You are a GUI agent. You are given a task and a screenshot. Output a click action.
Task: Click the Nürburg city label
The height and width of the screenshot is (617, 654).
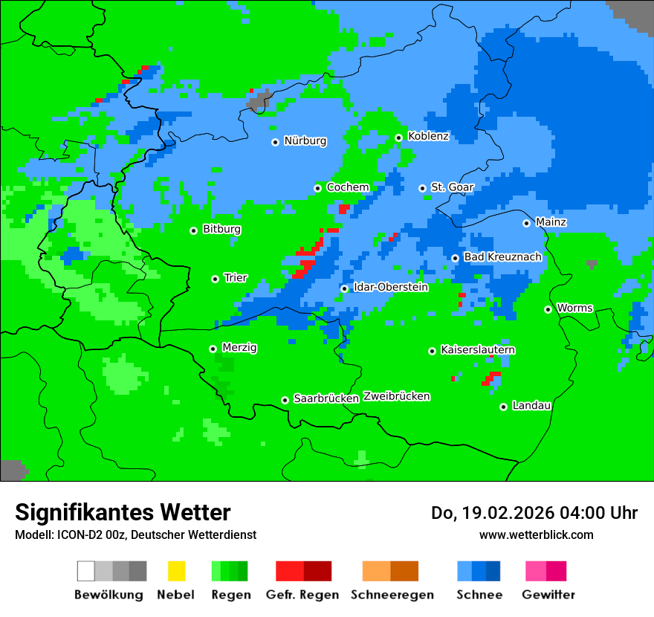[x=305, y=140]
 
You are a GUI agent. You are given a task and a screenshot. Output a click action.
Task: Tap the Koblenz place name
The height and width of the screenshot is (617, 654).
[x=428, y=136]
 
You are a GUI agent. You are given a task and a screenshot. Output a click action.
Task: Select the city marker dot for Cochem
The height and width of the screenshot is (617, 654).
[x=317, y=188]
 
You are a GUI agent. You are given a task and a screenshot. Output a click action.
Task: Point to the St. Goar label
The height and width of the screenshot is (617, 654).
[x=452, y=187]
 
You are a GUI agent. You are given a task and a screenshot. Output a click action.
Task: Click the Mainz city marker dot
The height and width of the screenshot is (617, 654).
[x=526, y=223]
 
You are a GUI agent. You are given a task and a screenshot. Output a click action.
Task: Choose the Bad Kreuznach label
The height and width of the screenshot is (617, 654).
[x=502, y=256]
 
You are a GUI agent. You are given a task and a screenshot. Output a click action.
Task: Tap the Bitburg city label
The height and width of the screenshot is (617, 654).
[x=221, y=229]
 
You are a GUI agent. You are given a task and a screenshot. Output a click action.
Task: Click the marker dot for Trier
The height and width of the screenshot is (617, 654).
[x=215, y=279]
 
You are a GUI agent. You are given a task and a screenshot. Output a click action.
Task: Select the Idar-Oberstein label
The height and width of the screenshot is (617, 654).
[x=391, y=287]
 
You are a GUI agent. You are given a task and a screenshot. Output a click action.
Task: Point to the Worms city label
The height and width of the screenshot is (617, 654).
[x=574, y=308]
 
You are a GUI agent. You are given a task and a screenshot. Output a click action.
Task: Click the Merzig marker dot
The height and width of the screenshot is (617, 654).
[x=213, y=349]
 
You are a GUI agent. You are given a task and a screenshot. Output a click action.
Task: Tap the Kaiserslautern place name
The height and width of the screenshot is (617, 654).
[x=478, y=349]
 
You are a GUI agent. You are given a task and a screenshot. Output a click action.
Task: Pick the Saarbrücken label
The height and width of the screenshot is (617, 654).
[x=326, y=398]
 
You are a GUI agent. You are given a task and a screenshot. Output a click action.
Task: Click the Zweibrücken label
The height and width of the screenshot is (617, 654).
[x=396, y=396]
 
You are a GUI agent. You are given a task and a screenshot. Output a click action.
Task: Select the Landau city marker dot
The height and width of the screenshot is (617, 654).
[x=503, y=407]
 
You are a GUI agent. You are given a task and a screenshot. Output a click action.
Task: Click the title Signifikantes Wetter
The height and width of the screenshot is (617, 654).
[x=123, y=512]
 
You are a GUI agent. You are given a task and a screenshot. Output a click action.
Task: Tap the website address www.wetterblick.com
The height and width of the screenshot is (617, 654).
[x=536, y=534]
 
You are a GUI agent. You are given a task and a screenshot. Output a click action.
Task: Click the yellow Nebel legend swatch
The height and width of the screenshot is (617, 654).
[x=176, y=571]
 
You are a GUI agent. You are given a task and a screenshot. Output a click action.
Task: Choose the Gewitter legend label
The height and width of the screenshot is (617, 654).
[x=548, y=595]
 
